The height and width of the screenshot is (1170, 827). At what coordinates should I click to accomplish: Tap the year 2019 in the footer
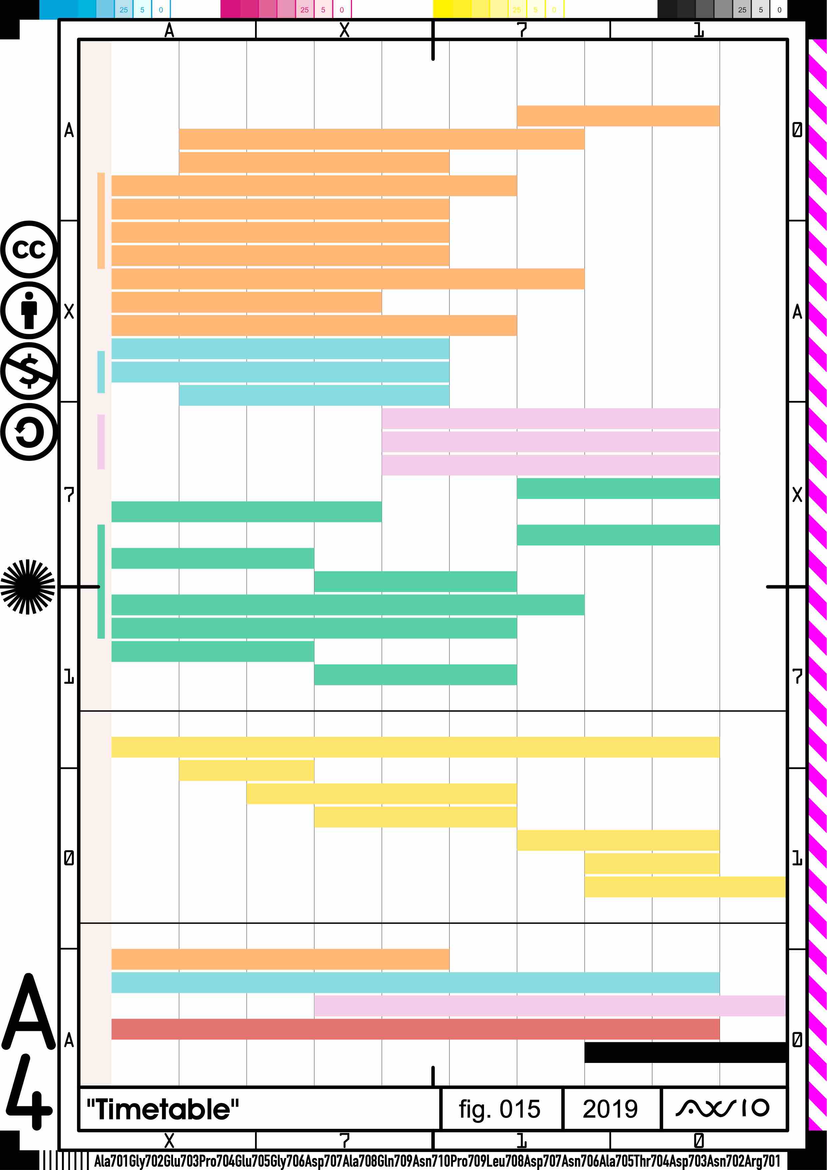610,1109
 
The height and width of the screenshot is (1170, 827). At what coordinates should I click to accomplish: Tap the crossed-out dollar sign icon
29,371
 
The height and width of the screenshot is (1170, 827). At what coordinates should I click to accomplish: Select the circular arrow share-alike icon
29,432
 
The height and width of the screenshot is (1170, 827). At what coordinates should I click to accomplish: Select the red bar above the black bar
415,1029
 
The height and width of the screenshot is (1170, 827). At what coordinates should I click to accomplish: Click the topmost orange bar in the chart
618,116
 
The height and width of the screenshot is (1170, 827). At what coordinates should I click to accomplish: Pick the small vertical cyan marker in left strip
101,372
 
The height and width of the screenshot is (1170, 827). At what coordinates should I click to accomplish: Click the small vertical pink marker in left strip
101,442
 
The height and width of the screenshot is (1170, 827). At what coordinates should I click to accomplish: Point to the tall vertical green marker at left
101,581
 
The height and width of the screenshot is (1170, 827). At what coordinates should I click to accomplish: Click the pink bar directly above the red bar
550,1005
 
